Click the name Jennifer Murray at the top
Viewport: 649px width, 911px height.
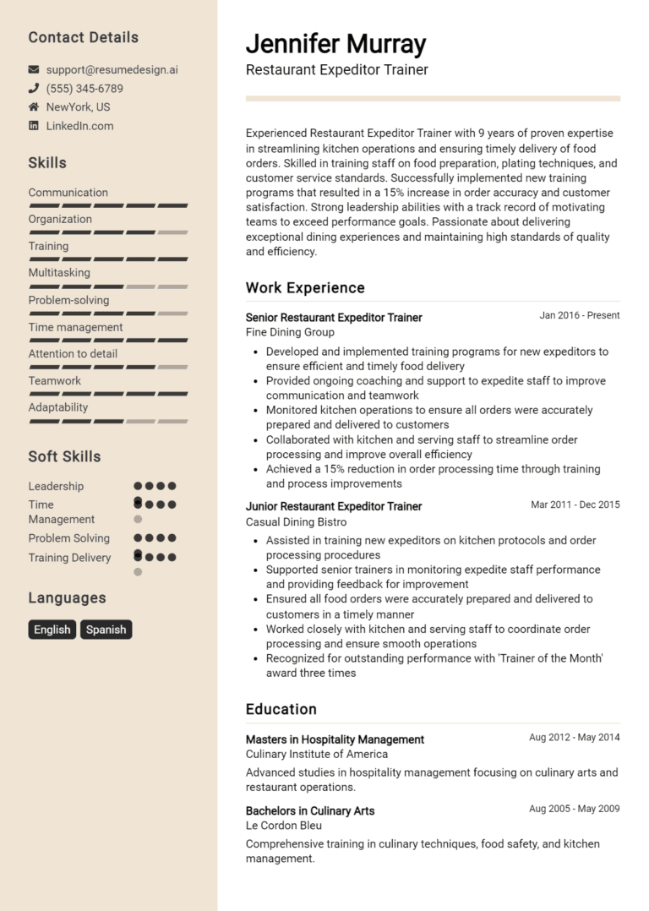[335, 44]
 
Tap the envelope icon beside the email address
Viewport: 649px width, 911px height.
[34, 69]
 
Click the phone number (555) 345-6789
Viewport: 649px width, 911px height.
[85, 89]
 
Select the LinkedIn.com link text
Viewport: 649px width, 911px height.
[79, 126]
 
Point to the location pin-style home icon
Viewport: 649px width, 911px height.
[34, 107]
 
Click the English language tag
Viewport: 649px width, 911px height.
[52, 630]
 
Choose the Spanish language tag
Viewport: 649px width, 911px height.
[106, 630]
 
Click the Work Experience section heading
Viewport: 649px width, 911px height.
[305, 288]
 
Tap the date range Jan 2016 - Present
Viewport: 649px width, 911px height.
[579, 315]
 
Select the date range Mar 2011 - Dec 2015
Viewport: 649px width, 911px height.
[575, 505]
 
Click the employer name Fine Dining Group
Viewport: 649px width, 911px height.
[290, 333]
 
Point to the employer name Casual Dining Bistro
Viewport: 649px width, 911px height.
[296, 522]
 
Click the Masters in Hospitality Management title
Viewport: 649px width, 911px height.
[335, 739]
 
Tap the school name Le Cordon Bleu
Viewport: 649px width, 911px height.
[284, 826]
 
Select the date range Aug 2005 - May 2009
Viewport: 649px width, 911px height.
[574, 809]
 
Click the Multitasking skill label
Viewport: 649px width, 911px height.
[59, 273]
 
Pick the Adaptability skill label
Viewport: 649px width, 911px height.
[58, 407]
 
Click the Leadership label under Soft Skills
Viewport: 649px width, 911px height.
[56, 486]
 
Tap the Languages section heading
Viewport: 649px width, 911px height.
[67, 598]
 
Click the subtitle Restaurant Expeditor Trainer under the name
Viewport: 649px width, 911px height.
[336, 70]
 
